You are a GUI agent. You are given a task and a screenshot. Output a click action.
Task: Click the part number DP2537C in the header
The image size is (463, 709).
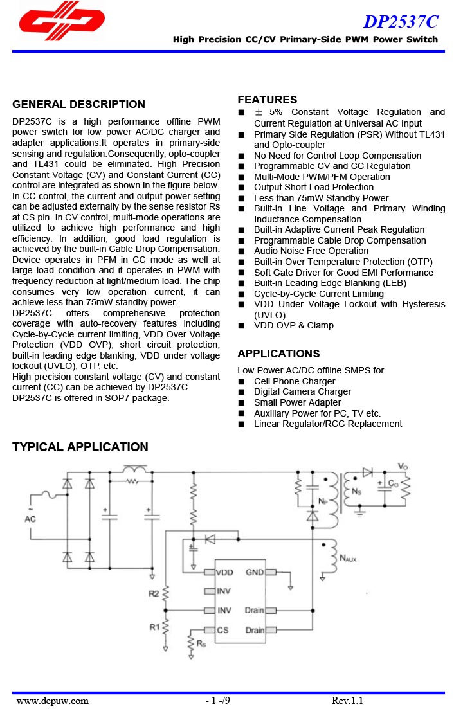click(401, 22)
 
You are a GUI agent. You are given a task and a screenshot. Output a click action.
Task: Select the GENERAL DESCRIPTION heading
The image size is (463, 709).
click(78, 104)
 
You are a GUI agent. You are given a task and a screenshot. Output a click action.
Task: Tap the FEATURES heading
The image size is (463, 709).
click(267, 100)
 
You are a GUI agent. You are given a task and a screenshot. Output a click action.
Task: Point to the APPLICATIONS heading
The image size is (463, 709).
click(278, 354)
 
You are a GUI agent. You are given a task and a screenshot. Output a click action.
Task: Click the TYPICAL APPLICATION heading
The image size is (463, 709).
click(80, 447)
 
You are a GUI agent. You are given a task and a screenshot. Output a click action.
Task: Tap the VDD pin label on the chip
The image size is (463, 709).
click(224, 572)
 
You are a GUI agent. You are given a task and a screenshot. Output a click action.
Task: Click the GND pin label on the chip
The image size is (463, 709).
click(255, 572)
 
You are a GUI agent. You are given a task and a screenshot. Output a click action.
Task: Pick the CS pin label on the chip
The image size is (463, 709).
click(222, 630)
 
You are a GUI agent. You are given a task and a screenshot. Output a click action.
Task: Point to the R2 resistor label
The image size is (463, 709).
click(154, 593)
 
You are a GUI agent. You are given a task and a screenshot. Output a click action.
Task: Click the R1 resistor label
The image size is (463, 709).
click(154, 626)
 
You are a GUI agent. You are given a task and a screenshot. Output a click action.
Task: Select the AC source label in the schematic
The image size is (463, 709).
click(30, 519)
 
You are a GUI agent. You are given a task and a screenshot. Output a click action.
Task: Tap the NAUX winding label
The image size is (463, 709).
click(347, 559)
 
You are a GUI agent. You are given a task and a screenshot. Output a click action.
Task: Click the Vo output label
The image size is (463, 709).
click(403, 465)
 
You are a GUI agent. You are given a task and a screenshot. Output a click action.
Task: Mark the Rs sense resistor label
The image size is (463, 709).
click(201, 643)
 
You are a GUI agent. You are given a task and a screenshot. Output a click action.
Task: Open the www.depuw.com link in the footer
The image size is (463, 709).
click(53, 701)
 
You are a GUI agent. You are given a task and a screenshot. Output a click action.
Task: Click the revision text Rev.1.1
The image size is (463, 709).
click(347, 701)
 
